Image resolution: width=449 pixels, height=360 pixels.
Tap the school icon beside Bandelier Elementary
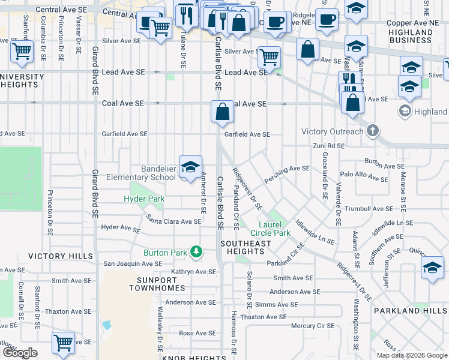[190, 167]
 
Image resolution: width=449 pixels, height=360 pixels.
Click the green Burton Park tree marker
[196, 252]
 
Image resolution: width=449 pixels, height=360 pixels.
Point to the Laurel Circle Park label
[270, 229]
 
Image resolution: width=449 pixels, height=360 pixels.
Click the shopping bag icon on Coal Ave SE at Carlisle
[222, 112]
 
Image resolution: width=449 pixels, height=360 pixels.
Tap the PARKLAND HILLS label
[409, 311]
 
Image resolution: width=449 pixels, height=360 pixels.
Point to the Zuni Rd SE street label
[328, 146]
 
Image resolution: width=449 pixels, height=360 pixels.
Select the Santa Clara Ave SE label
[173, 221]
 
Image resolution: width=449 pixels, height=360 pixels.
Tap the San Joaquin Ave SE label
[133, 263]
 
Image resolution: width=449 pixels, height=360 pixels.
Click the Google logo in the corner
[20, 353]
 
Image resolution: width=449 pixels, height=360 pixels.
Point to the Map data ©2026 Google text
[411, 355]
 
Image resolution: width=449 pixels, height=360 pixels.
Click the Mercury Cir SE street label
[312, 326]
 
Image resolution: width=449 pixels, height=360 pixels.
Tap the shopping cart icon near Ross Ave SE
[63, 342]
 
